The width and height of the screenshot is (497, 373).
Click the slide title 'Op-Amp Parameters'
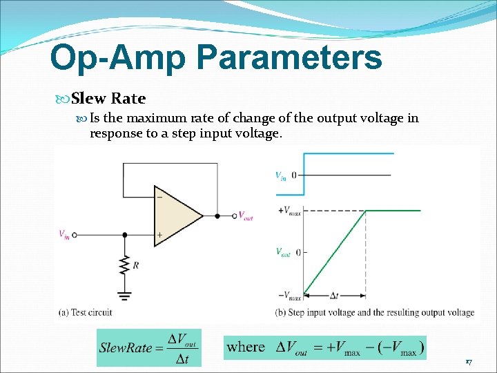215,57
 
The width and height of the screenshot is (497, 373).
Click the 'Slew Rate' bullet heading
108,98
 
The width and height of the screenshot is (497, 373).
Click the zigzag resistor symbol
125,265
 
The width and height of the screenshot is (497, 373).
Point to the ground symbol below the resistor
125,295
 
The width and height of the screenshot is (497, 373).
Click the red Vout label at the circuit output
246,216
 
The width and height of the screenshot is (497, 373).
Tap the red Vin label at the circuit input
64,235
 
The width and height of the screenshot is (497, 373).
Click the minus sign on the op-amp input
159,197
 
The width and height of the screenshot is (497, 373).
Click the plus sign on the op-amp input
159,235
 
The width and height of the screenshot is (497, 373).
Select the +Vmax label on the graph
289,211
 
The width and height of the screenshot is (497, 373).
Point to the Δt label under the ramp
333,296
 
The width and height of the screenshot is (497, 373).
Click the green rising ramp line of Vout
335,252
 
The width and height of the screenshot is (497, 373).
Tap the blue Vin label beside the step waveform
281,175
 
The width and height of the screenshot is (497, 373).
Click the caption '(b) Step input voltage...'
374,313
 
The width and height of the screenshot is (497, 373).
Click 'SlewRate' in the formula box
126,347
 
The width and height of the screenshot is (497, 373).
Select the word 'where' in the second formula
246,347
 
